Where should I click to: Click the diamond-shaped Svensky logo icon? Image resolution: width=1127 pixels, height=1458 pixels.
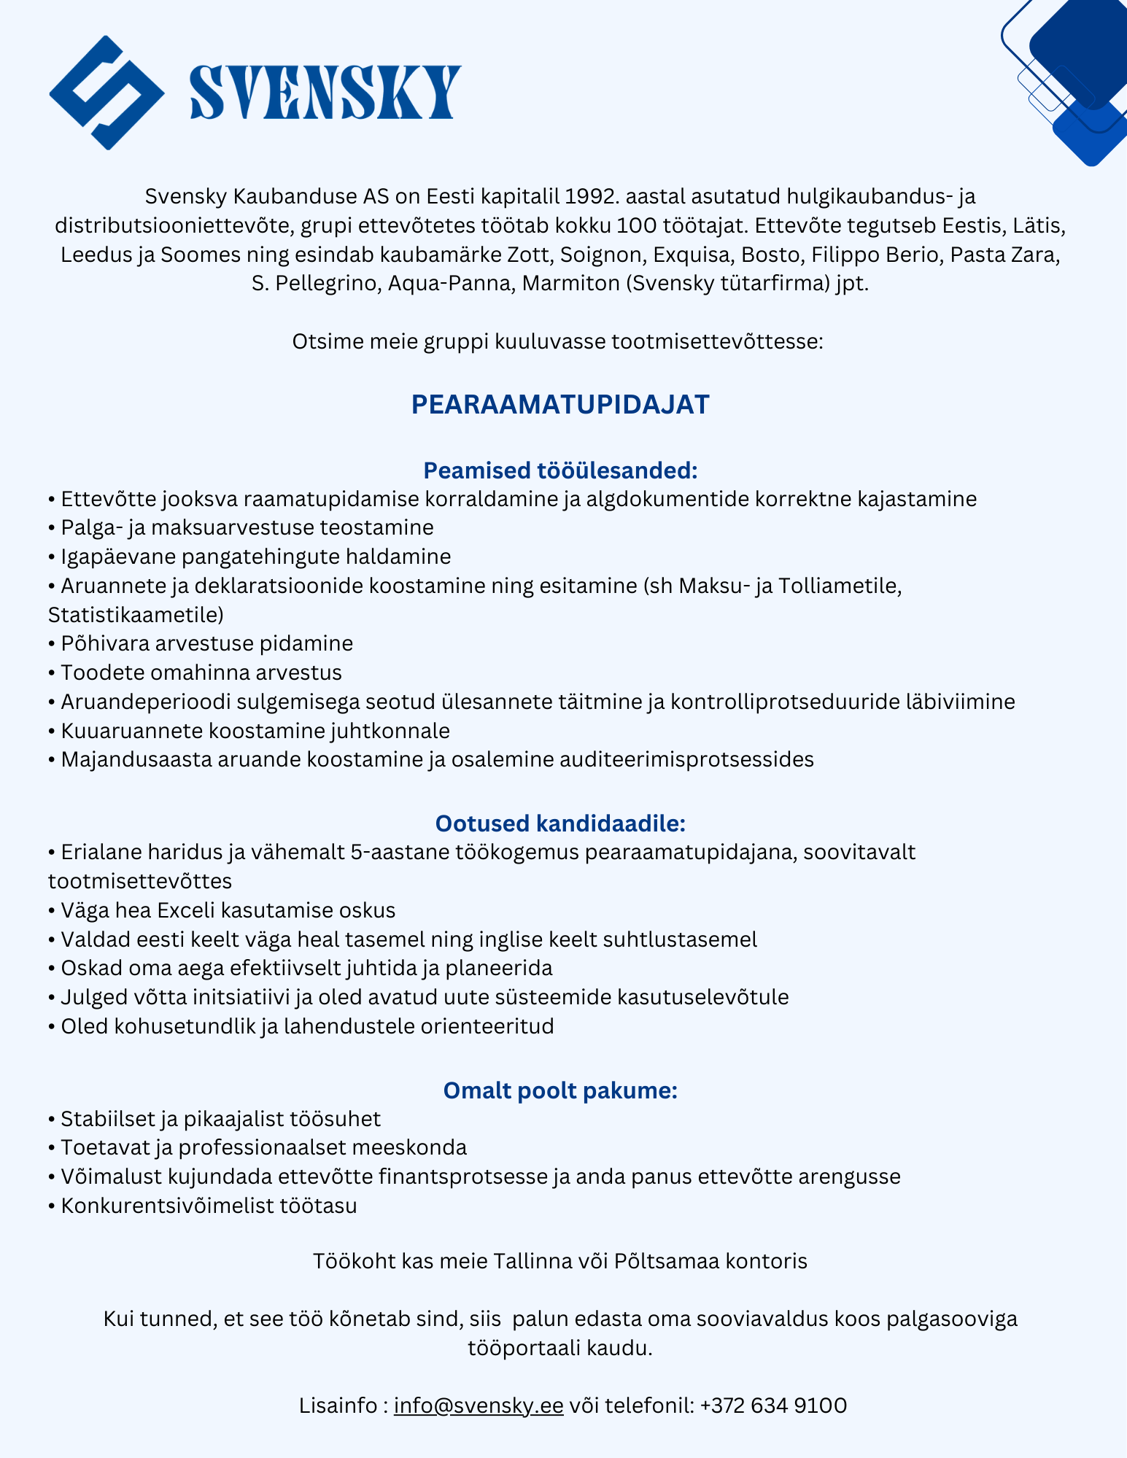click(106, 93)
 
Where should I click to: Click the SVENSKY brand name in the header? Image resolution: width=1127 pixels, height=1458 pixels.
click(325, 93)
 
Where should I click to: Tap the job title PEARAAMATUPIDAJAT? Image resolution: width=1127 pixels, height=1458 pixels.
click(560, 405)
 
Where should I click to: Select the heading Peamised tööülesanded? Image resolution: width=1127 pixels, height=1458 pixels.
click(560, 470)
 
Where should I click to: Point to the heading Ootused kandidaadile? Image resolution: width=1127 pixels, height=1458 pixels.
click(560, 823)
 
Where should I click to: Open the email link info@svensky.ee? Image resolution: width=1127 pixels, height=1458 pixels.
click(479, 1405)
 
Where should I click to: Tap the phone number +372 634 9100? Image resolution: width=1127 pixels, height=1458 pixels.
click(773, 1405)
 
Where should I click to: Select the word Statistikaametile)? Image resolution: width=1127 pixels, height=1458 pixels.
click(136, 614)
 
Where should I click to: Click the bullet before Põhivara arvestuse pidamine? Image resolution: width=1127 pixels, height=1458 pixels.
click(51, 644)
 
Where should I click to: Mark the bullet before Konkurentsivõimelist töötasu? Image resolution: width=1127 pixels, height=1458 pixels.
click(51, 1206)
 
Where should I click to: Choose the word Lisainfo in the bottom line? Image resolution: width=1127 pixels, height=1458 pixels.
click(338, 1405)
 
